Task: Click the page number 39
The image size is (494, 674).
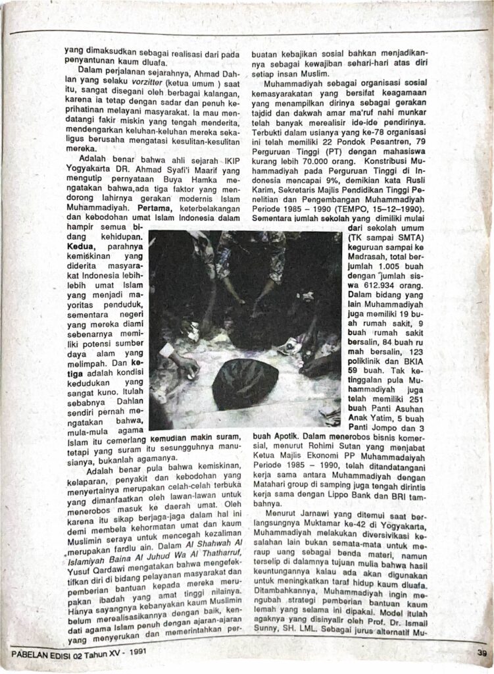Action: tap(482, 652)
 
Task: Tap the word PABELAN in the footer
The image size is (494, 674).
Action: tap(34, 654)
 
